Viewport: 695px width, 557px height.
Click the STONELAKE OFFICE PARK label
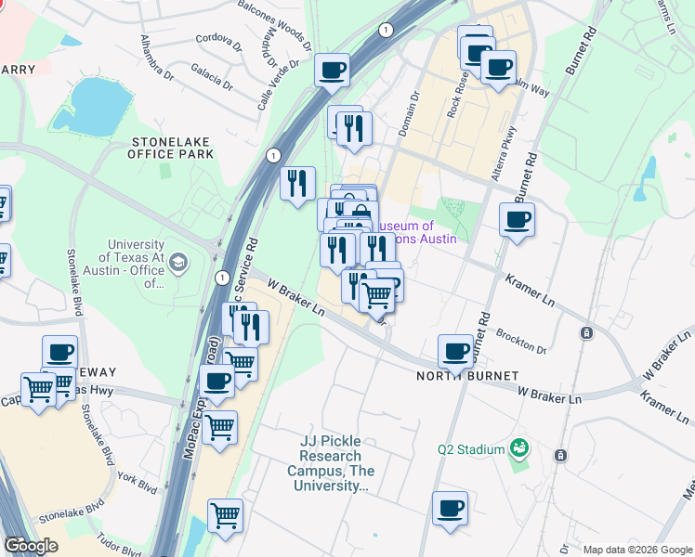tap(172, 148)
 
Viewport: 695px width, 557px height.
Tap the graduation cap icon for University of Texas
tap(177, 265)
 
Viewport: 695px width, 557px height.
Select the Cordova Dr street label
tap(219, 39)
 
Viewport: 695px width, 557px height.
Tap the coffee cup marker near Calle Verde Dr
tap(332, 70)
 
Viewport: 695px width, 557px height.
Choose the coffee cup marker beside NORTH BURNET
tap(455, 350)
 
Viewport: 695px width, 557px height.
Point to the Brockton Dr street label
tap(521, 341)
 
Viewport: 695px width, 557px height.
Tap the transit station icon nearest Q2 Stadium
tap(560, 455)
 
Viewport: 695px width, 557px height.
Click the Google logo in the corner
tap(31, 546)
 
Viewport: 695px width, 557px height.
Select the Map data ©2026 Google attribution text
tap(637, 550)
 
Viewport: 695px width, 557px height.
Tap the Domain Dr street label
tap(410, 114)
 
